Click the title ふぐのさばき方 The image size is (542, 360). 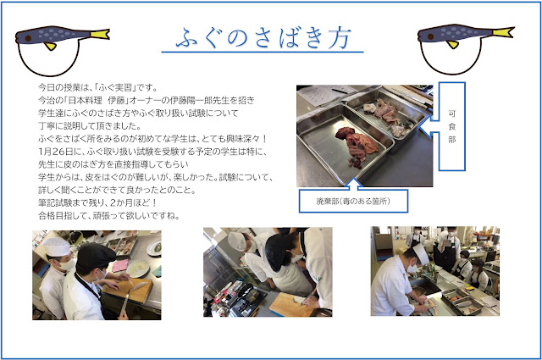pyautogui.click(x=263, y=38)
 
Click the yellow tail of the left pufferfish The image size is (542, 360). pyautogui.click(x=101, y=34)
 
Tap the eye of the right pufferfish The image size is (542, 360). pyautogui.click(x=430, y=36)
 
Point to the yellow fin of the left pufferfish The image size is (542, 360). pyautogui.click(x=50, y=46)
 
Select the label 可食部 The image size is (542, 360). pyautogui.click(x=451, y=126)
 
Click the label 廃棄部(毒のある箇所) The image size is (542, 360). pyautogui.click(x=353, y=202)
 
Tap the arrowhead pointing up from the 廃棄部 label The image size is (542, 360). pyautogui.click(x=353, y=183)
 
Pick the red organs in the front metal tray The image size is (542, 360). pyautogui.click(x=352, y=146)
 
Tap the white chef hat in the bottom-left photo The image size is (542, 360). pyautogui.click(x=57, y=246)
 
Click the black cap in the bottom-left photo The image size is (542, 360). pyautogui.click(x=96, y=254)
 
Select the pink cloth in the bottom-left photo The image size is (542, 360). pyautogui.click(x=120, y=265)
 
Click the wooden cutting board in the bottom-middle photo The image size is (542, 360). pyautogui.click(x=290, y=305)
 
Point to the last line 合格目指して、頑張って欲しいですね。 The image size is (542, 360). pyautogui.click(x=109, y=216)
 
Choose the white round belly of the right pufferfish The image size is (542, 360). pyautogui.click(x=451, y=56)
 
